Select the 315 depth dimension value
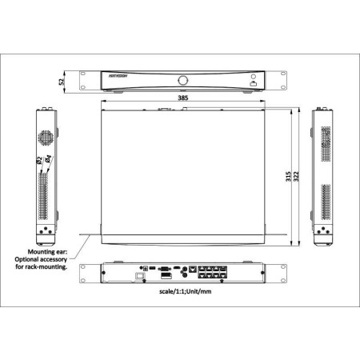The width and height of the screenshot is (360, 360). tap(288, 178)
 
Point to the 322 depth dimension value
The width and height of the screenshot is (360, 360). tap(297, 178)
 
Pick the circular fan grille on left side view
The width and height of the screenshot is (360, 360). tap(46, 137)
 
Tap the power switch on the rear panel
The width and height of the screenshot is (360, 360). tap(140, 275)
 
